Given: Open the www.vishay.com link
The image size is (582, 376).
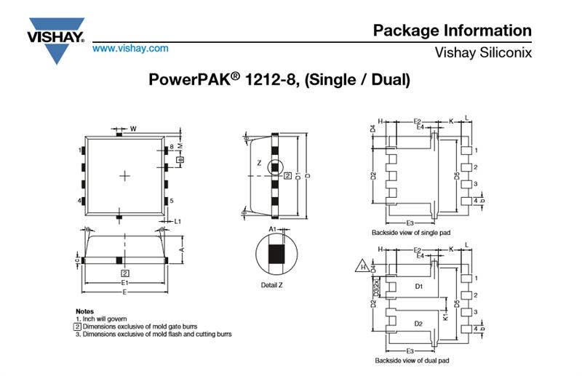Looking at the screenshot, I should point(130,49).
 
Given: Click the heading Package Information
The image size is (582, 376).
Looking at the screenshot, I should point(452,31).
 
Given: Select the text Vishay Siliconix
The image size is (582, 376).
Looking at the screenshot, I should point(482,53).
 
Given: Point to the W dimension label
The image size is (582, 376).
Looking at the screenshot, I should point(133,129).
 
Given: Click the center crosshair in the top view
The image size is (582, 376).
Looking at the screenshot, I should point(125,175).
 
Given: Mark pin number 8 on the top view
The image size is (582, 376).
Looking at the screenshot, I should point(171,147).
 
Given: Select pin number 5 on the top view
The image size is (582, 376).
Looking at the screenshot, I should point(171,201).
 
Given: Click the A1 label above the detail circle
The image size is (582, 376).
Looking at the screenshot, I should point(273,229).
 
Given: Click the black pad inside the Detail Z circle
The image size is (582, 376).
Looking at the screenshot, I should point(274,254).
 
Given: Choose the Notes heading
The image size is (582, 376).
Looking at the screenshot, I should point(84,311).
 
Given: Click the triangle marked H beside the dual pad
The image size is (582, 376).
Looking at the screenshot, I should point(362,267).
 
